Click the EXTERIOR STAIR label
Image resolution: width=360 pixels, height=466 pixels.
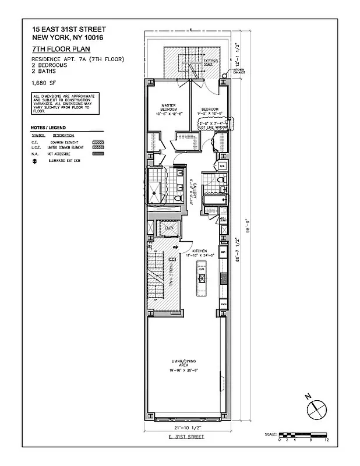(211, 61)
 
